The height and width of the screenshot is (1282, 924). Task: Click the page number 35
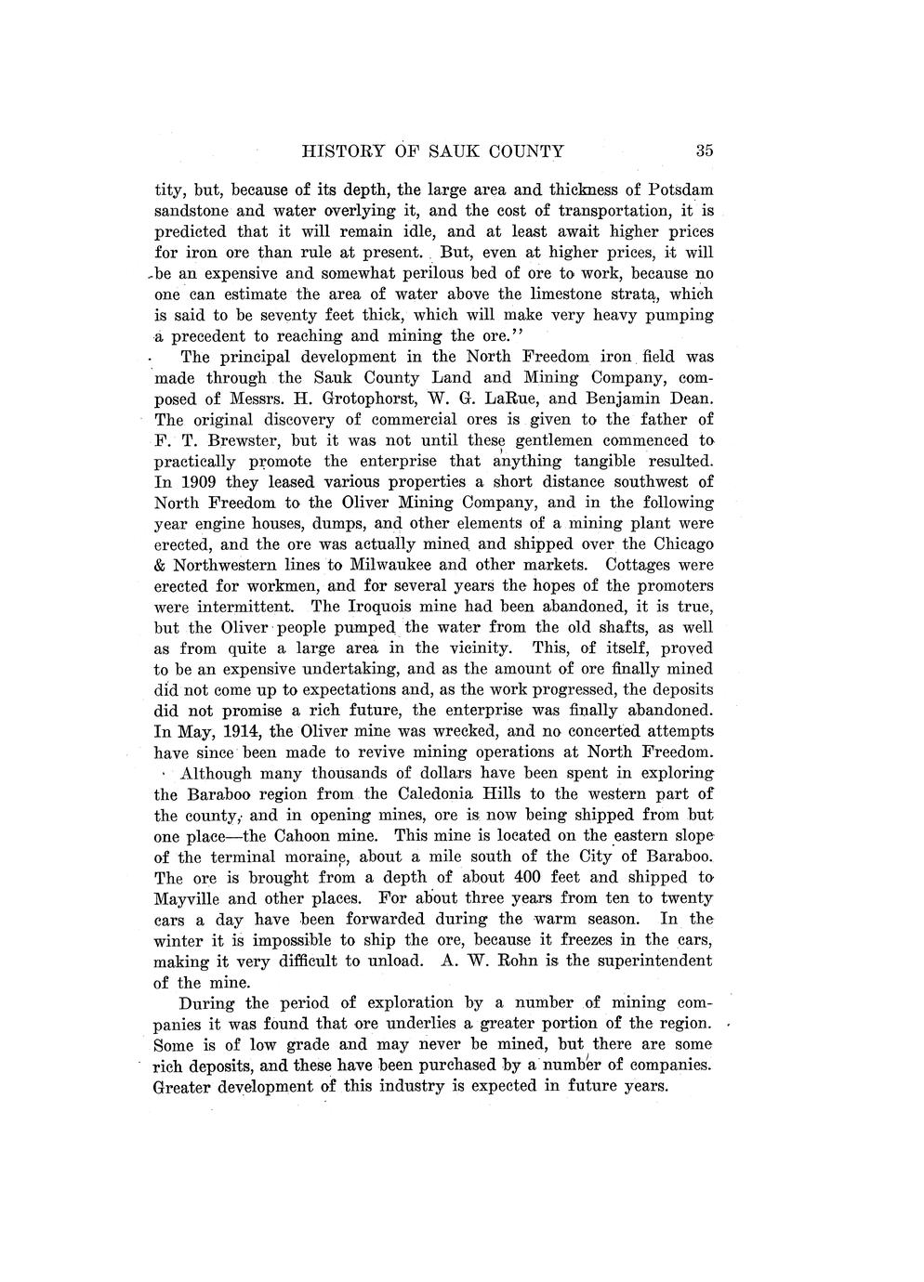703,150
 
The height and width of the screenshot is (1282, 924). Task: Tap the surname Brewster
244,440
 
